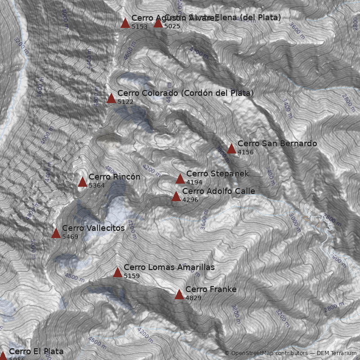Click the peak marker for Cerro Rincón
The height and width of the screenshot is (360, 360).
click(82, 182)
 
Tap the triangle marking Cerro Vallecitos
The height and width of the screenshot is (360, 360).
click(56, 233)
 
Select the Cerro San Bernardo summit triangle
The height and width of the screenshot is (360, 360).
click(231, 149)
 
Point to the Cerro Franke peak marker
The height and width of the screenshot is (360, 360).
click(179, 295)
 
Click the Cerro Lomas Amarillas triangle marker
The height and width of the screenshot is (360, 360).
click(117, 272)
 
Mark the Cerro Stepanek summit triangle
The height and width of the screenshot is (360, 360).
click(180, 179)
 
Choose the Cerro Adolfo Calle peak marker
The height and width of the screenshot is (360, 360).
click(176, 197)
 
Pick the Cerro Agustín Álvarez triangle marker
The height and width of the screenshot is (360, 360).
click(125, 23)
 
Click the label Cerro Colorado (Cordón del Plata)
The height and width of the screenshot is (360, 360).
click(185, 93)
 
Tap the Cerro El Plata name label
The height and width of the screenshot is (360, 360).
click(36, 351)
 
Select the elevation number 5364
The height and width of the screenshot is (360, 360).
click(97, 185)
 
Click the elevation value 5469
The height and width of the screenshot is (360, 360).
click(70, 237)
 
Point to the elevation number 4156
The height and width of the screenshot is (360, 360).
click(246, 153)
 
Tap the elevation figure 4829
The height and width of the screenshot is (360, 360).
click(193, 298)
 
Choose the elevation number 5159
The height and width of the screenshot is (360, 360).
click(132, 276)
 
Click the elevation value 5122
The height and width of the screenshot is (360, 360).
click(126, 102)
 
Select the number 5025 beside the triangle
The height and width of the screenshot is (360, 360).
click(172, 27)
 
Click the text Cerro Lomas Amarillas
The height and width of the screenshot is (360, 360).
click(169, 267)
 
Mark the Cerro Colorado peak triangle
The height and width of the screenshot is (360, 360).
click(111, 99)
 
